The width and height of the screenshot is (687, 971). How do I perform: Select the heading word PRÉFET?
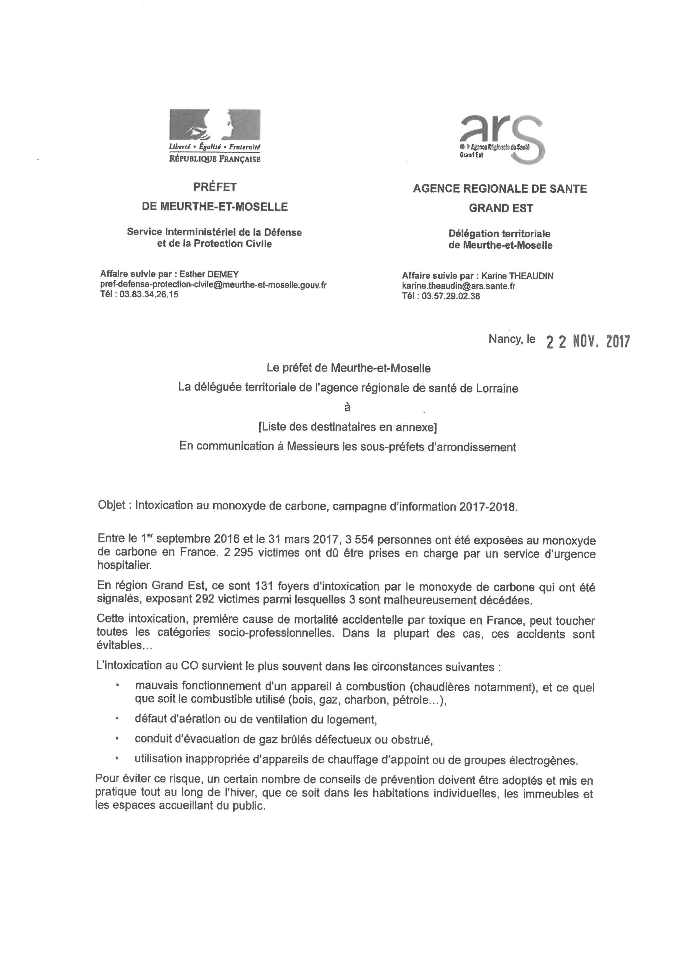pyautogui.click(x=215, y=187)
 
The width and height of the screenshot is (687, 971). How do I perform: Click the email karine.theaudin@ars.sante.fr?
pyautogui.click(x=458, y=286)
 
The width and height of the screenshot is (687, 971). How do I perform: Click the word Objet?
pyautogui.click(x=111, y=506)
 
